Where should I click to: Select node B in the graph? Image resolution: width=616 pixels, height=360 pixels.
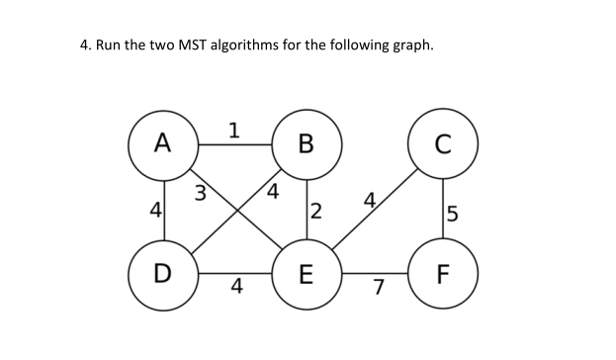[307, 144]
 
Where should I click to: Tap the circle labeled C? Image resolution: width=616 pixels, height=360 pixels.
[443, 144]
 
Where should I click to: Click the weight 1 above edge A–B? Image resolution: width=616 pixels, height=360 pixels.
[233, 129]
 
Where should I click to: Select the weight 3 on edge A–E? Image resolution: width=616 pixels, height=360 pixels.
[200, 190]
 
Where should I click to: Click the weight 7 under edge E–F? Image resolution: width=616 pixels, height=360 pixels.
[377, 288]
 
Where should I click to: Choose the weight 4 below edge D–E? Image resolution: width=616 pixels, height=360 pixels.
[235, 288]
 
